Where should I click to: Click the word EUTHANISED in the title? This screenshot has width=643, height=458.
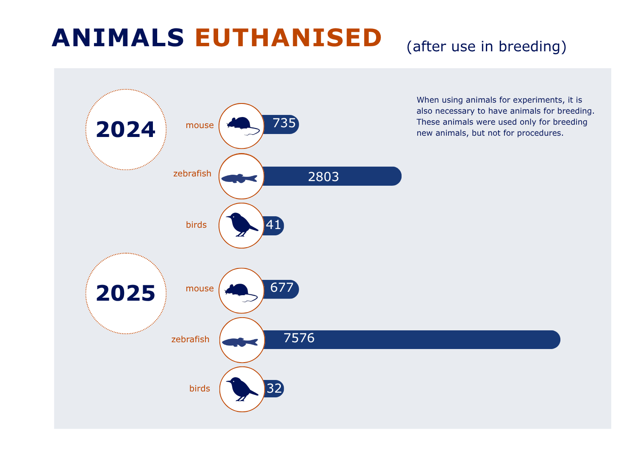tap(288, 38)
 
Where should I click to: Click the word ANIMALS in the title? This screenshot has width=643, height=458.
tap(118, 38)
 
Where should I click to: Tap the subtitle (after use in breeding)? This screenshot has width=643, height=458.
tap(487, 46)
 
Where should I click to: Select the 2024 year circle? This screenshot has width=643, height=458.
tap(126, 130)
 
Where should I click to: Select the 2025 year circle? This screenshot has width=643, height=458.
tap(126, 293)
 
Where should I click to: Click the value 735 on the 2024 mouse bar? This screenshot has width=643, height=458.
tap(284, 123)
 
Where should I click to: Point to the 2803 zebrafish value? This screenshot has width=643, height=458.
tap(323, 177)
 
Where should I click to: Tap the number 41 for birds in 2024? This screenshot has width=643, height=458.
tap(273, 225)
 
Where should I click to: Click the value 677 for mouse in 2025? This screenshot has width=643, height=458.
tap(282, 288)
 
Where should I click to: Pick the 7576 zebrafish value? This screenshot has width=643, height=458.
tap(299, 338)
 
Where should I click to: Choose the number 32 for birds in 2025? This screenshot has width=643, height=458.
tap(274, 388)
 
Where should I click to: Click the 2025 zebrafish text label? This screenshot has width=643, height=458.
tap(190, 339)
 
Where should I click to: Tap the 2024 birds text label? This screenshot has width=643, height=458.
tap(197, 225)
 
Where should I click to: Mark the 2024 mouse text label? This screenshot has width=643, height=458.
tap(200, 125)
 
